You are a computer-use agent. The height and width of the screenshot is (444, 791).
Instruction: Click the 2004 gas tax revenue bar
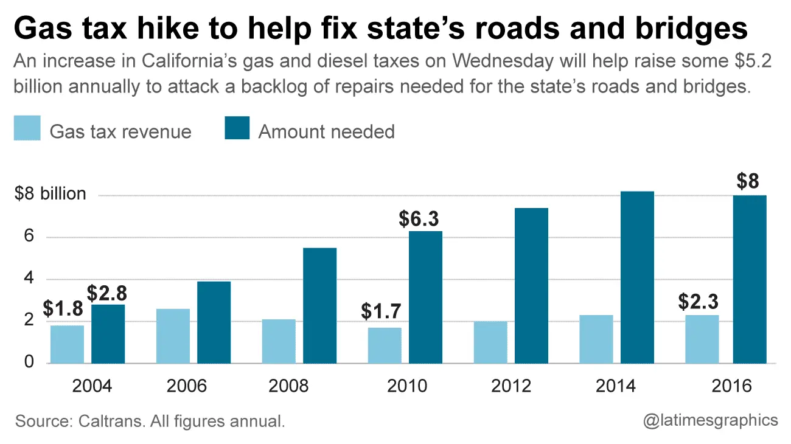click(67, 344)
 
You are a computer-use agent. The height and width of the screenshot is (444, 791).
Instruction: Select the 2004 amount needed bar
click(108, 334)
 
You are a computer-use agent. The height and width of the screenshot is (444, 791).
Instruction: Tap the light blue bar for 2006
click(173, 336)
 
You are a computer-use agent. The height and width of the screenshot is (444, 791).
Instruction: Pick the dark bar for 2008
click(319, 305)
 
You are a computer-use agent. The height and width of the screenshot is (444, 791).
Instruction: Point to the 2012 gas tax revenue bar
click(490, 342)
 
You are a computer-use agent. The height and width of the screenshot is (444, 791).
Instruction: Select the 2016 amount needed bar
click(750, 279)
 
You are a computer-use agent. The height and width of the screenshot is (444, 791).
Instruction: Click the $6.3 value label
click(419, 219)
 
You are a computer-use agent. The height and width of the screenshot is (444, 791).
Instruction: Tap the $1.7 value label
click(382, 311)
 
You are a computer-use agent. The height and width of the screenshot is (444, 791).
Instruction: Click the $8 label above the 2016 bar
click(748, 182)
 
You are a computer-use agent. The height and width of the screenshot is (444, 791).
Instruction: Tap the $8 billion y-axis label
click(51, 194)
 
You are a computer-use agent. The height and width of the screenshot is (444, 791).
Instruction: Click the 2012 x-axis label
click(510, 386)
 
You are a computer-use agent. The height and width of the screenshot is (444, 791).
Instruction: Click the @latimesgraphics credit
click(711, 420)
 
